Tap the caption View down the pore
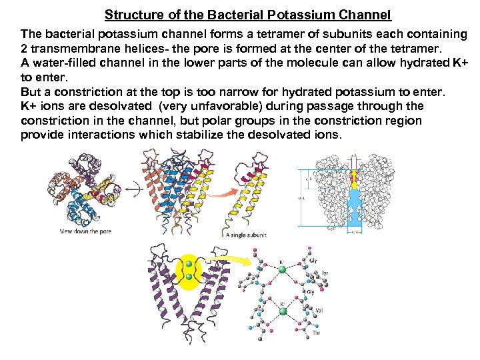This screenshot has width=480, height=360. [85, 231]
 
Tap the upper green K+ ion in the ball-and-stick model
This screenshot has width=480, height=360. [283, 269]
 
